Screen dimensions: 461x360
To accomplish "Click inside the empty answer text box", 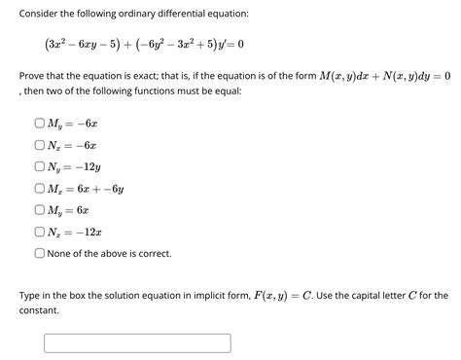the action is [137, 342].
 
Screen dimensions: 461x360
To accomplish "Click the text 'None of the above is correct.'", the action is [109, 253].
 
